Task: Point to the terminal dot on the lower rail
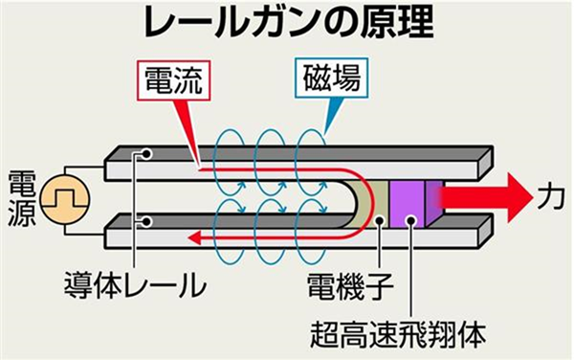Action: click(x=145, y=222)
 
